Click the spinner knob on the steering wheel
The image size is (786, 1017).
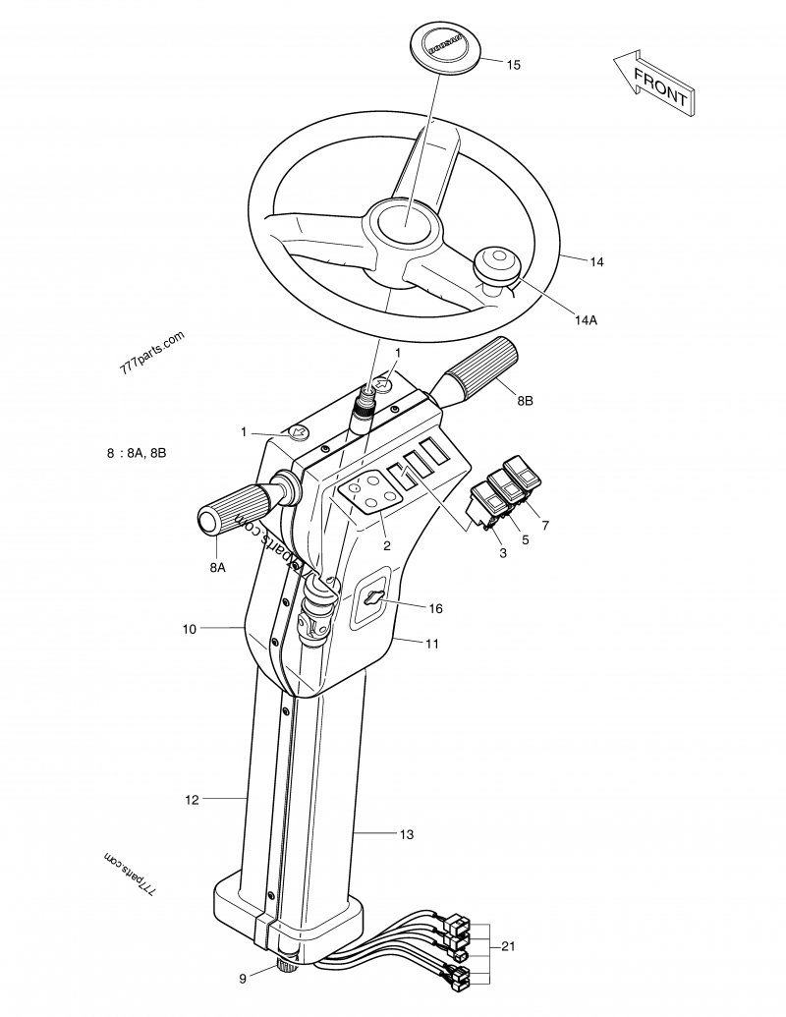[494, 266]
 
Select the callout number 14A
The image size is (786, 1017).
[586, 319]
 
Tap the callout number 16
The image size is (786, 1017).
[435, 608]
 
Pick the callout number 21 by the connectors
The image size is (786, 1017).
[508, 946]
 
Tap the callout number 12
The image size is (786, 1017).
[192, 800]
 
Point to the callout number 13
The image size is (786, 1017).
[406, 834]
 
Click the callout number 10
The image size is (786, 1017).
[191, 626]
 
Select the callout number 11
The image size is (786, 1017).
[431, 644]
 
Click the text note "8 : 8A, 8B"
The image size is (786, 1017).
[136, 453]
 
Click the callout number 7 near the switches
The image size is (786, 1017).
[545, 525]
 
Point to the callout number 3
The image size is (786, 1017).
[502, 554]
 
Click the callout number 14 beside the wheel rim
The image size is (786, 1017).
[596, 261]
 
